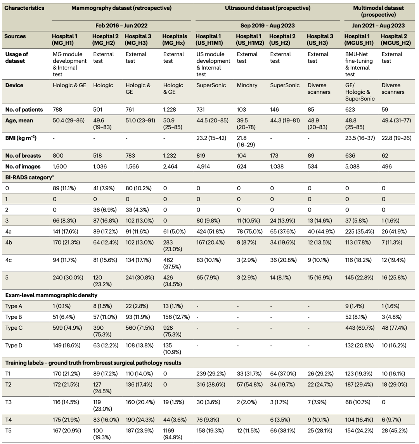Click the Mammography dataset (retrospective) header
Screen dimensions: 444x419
tap(121, 7)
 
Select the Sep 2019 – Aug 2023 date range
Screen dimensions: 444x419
tap(267, 26)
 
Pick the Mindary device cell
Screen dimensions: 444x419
tap(247, 85)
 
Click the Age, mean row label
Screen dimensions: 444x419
tap(19, 120)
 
